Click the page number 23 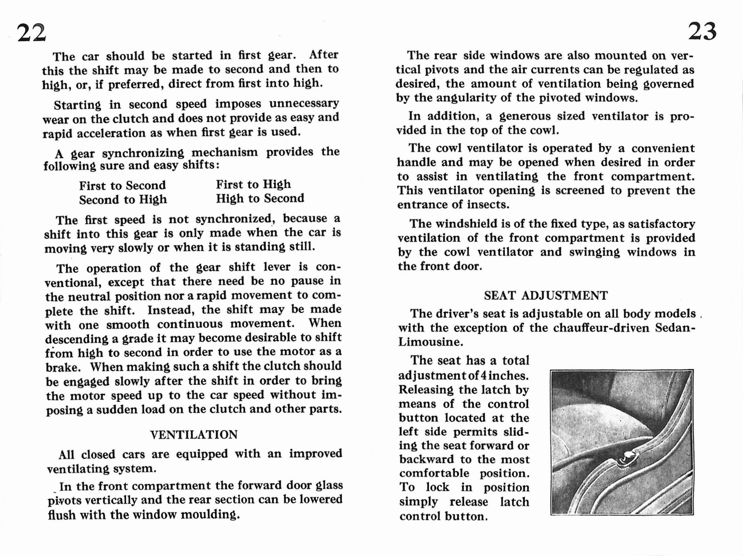click(x=702, y=32)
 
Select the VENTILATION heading click(x=194, y=435)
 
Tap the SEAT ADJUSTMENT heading click(x=546, y=296)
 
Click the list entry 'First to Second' click(x=122, y=186)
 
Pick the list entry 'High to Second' click(x=260, y=199)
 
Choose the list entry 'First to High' click(x=253, y=185)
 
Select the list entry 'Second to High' click(x=123, y=200)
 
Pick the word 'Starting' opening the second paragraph click(x=77, y=105)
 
